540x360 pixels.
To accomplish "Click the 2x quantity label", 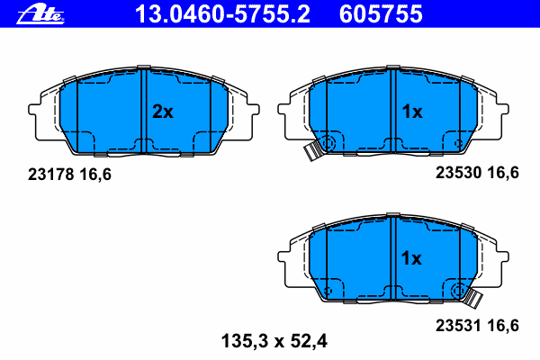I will (162, 112).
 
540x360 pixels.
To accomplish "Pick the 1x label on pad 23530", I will (411, 112).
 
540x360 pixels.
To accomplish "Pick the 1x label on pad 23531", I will (411, 258).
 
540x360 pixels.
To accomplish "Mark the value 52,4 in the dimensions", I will (308, 341).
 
